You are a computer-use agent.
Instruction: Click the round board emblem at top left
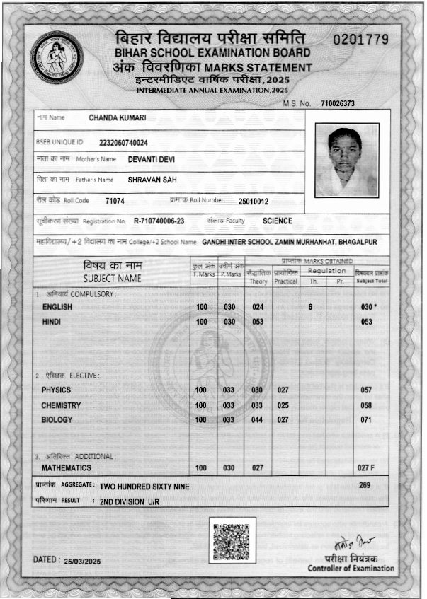click(57, 58)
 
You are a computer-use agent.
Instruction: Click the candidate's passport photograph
click(347, 161)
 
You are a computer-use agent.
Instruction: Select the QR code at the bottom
click(233, 540)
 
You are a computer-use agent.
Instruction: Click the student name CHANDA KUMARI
click(118, 117)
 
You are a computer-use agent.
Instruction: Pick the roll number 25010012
click(254, 201)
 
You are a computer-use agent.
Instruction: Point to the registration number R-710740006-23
click(159, 221)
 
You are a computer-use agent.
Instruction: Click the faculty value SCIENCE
click(278, 221)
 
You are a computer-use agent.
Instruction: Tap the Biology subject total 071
click(366, 420)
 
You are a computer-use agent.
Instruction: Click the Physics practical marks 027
click(283, 390)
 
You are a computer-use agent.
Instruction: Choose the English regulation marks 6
click(310, 307)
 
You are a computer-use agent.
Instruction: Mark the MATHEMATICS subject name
click(66, 468)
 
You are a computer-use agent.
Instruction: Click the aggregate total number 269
click(365, 485)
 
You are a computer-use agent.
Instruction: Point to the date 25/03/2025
click(83, 559)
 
